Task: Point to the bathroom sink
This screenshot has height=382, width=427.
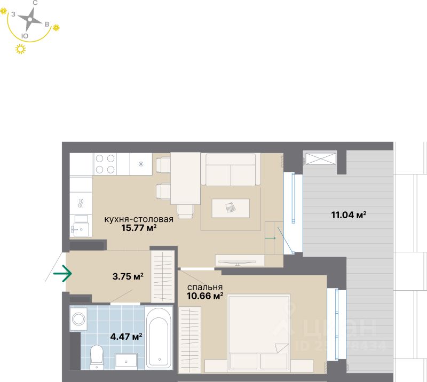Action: click(126, 360)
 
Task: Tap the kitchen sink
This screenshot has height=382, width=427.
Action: click(81, 226)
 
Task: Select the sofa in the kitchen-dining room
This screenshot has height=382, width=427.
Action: click(231, 169)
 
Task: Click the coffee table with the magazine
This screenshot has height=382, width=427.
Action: click(230, 208)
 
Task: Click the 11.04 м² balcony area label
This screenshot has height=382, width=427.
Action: click(349, 216)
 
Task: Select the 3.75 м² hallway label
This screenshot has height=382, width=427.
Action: click(128, 276)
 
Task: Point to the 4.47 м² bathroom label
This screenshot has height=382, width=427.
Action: click(126, 337)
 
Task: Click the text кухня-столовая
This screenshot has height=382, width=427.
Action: click(139, 219)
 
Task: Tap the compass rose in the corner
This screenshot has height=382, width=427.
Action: click(30, 20)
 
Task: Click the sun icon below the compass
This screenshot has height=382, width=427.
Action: click(21, 50)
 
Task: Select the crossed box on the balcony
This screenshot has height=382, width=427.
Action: click(320, 158)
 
